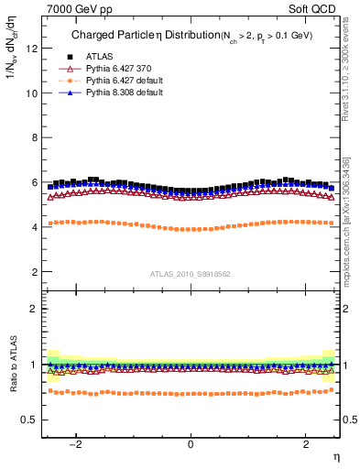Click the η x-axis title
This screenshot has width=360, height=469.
point(336,455)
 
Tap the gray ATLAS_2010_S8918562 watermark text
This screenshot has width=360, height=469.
point(191,273)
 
